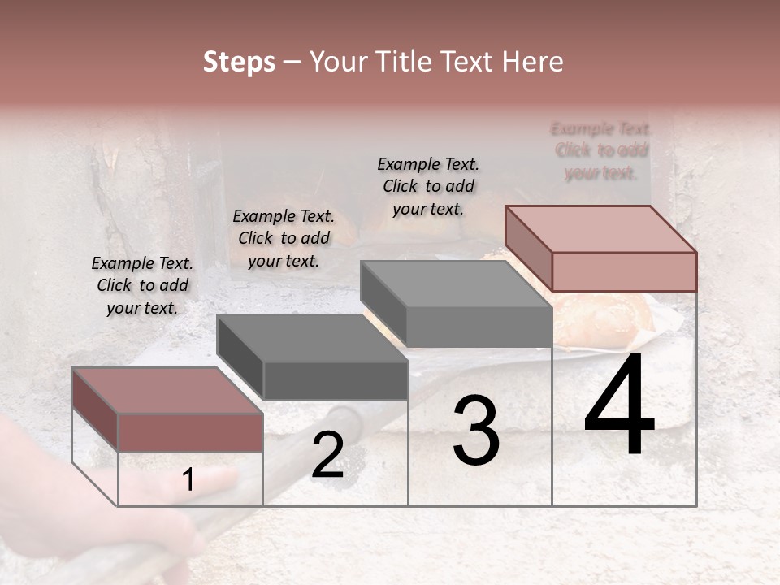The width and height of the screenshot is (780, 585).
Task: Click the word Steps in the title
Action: tap(239, 62)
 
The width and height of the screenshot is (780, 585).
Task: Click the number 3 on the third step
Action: tap(475, 432)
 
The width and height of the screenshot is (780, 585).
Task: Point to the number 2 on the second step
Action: tap(327, 455)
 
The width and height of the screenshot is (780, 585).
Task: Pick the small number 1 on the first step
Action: tap(188, 480)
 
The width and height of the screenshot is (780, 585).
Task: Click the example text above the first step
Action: tap(142, 285)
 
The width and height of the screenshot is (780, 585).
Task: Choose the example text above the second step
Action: tap(284, 238)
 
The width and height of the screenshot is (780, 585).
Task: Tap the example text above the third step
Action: tap(428, 186)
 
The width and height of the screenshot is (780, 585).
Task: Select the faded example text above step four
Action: tap(601, 150)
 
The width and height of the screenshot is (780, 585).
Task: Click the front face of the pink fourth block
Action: tap(624, 271)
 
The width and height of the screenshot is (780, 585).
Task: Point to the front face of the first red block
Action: tap(190, 431)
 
